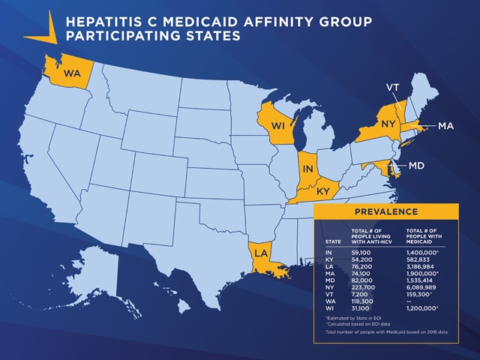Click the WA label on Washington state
pos(72,73)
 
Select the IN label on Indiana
pos(307,170)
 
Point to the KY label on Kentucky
pos(323,192)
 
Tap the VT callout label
pos(392,88)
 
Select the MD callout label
pos(418,164)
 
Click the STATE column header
pos(333,241)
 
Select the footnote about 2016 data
pos(385,331)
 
